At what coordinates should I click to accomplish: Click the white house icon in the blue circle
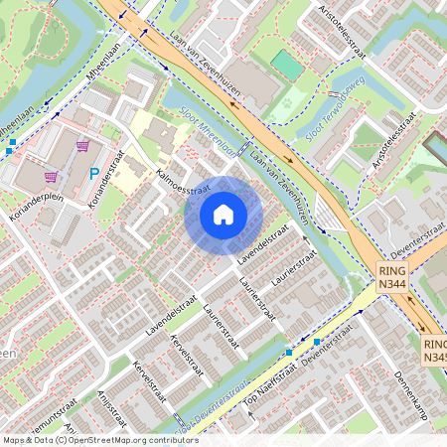click(x=223, y=215)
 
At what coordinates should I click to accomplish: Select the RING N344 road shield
click(x=391, y=277)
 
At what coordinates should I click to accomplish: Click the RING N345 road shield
click(x=434, y=349)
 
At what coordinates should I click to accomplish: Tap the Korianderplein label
click(x=35, y=196)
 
